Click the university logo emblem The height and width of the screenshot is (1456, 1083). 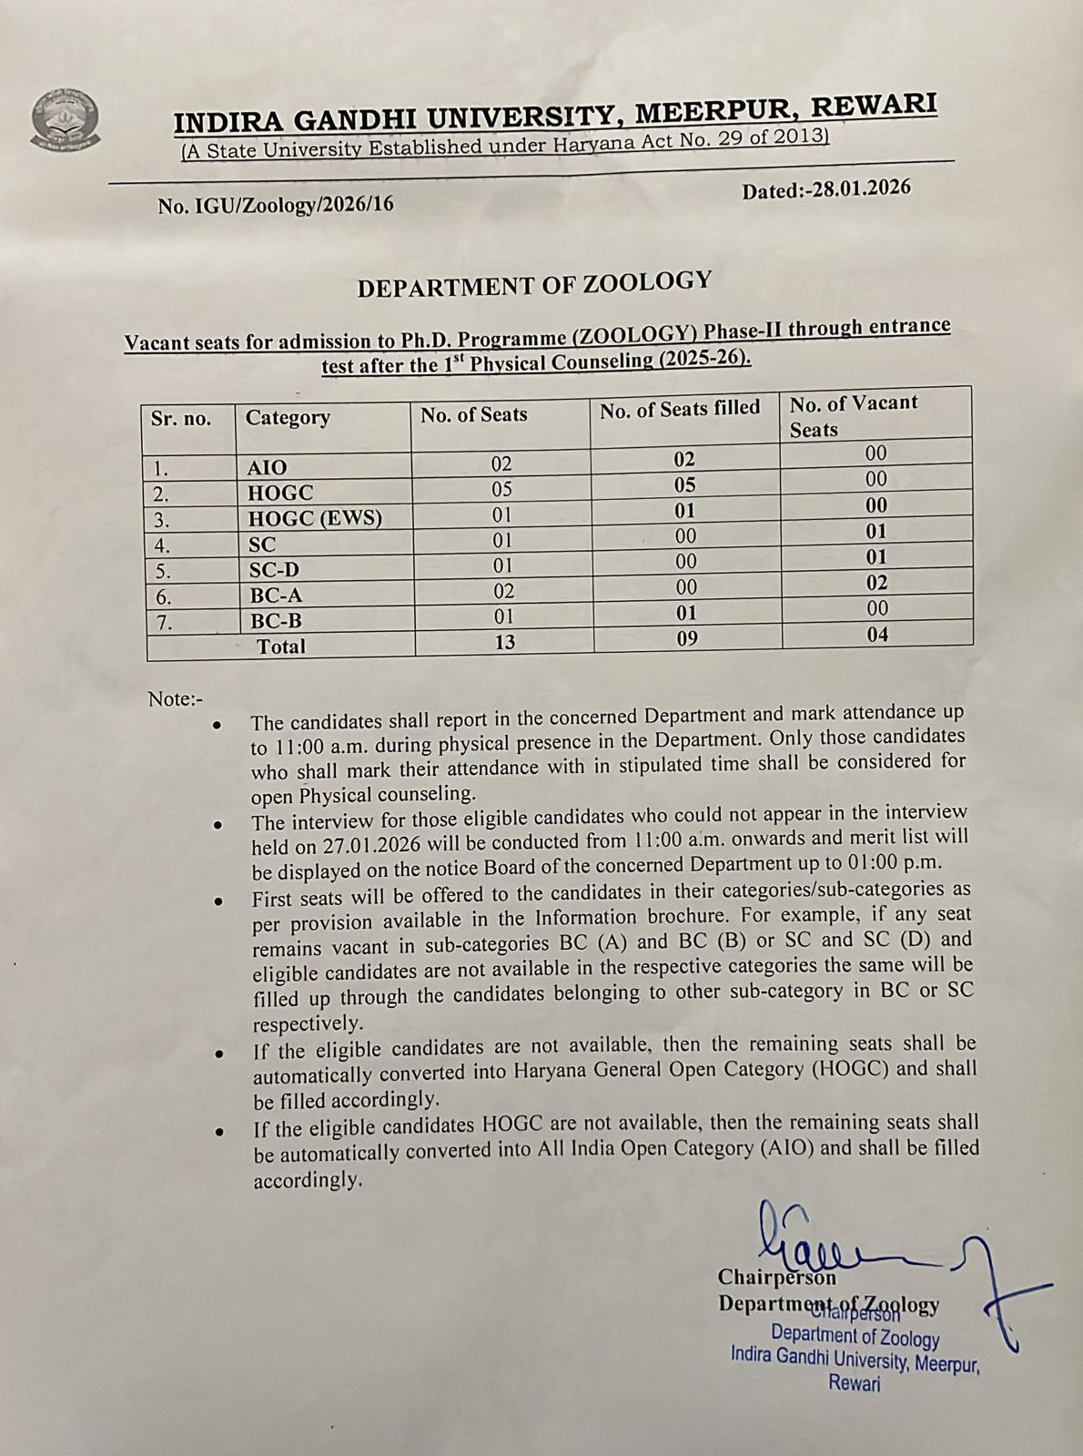coord(66,119)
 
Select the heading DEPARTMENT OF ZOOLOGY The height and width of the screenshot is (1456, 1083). coord(533,284)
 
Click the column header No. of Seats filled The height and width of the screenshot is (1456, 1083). coord(679,409)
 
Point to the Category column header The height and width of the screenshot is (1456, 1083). coord(288,418)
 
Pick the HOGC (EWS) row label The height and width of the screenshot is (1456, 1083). coord(315,518)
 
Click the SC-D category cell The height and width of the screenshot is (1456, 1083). coord(274,570)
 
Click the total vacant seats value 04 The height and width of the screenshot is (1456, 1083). coord(877,634)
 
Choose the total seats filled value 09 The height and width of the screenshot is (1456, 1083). coord(687,638)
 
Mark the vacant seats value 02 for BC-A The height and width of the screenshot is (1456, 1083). coord(877,583)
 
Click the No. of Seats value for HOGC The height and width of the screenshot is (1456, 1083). coord(501,489)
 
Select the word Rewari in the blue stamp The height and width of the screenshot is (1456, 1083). coord(855,1383)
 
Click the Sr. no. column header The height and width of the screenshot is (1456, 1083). coord(181,419)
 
